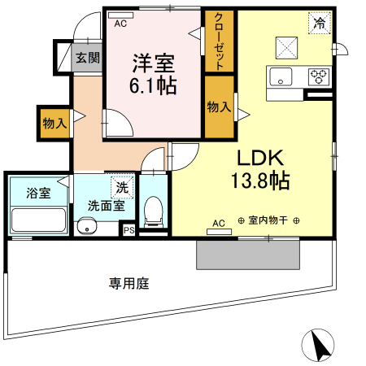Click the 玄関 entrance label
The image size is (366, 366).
pyautogui.click(x=88, y=58)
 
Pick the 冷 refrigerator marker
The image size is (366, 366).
pyautogui.click(x=320, y=24)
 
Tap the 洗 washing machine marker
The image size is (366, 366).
pyautogui.click(x=122, y=186)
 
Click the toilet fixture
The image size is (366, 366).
pyautogui.click(x=152, y=213)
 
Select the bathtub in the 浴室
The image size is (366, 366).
pyautogui.click(x=37, y=220)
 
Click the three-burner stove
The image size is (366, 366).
pyautogui.click(x=318, y=78)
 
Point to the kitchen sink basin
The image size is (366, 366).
pyautogui.click(x=280, y=78)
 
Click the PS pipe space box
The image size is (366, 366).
pyautogui.click(x=128, y=231)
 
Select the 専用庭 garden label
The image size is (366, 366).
pyautogui.click(x=130, y=284)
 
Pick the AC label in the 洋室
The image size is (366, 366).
pyautogui.click(x=120, y=24)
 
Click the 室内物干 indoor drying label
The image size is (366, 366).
pyautogui.click(x=269, y=220)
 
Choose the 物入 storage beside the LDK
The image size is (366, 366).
pyautogui.click(x=217, y=107)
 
